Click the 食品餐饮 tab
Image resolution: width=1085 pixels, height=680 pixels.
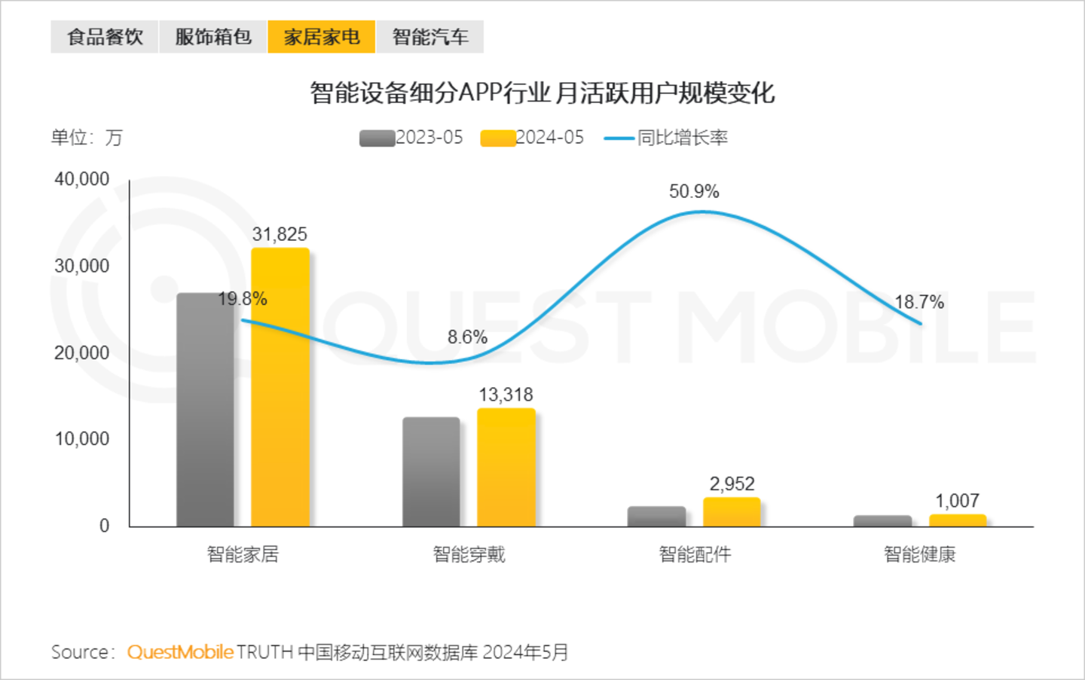pos(105,37)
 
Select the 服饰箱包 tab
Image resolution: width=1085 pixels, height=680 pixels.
pos(213,37)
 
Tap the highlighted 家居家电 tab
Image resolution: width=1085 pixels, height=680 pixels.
pos(322,37)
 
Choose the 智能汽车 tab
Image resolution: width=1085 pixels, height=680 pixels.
pos(430,37)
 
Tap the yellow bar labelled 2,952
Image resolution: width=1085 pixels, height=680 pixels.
pos(732,512)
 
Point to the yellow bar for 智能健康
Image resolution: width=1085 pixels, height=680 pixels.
pos(958,520)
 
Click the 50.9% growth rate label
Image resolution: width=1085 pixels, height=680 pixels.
pos(694,192)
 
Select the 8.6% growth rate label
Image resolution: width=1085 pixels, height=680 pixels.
pos(467,337)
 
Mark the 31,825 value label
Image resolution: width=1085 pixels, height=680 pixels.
pos(280,234)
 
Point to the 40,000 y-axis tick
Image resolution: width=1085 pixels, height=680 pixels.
pos(81,179)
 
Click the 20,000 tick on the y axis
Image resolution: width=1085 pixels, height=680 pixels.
pos(81,352)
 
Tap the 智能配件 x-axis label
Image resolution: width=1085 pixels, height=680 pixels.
pos(695,555)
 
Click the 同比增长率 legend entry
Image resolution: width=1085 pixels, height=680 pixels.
pos(667,138)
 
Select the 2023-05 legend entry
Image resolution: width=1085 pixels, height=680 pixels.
pos(411,138)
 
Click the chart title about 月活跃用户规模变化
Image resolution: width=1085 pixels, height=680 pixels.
pos(542,93)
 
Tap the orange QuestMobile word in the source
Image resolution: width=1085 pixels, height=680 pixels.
pos(180,652)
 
